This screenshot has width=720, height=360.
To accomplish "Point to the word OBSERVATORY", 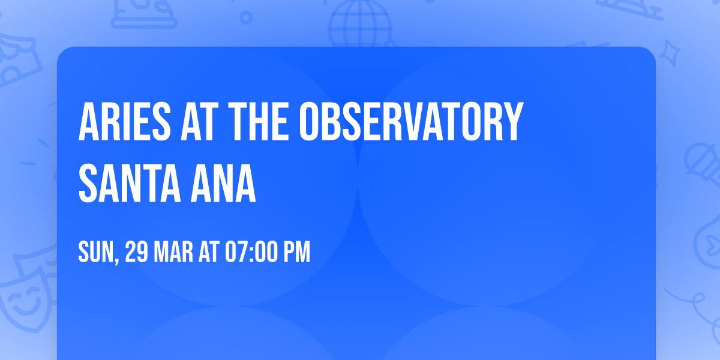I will click(410, 122).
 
